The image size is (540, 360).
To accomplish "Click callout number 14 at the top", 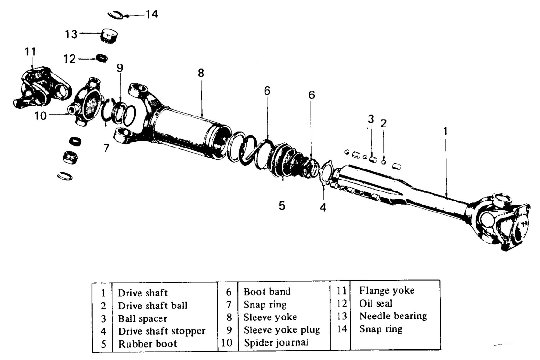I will [x=151, y=14].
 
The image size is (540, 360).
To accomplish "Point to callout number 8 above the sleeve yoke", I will [x=201, y=73].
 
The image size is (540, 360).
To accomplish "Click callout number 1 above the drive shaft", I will [x=445, y=130].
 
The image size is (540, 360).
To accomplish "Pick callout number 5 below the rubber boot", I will [x=282, y=205].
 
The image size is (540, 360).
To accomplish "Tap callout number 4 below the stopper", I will [x=323, y=208].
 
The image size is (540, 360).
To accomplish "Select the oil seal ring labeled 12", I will [x=102, y=58].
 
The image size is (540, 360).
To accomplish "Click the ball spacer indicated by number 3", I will [x=373, y=159].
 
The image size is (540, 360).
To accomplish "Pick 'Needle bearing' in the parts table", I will [x=393, y=316].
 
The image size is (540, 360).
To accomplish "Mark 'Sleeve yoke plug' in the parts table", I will [x=282, y=330].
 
